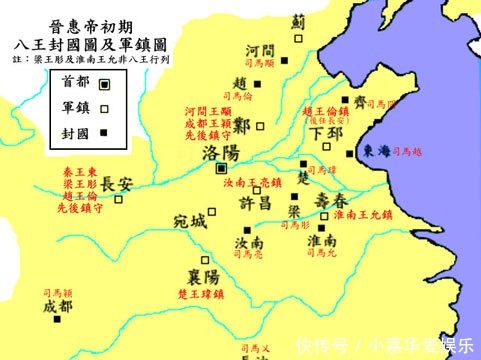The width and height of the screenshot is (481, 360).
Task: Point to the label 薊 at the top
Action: click(298, 20)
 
